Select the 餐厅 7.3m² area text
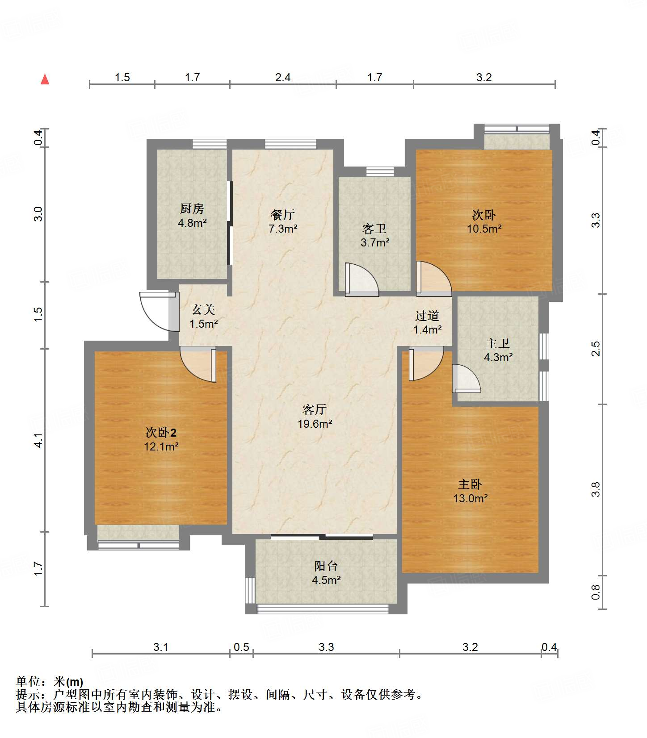pos(283,222)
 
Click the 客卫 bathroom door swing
pos(362,280)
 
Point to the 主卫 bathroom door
pos(466,379)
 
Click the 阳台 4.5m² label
pos(326,573)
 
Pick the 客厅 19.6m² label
pos(315,417)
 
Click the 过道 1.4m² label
pos(427,323)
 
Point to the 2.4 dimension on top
pos(283,78)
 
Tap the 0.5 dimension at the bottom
pos(241,647)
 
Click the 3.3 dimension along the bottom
pos(326,647)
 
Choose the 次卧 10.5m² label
pos(484,222)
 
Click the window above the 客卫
pos(380,171)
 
